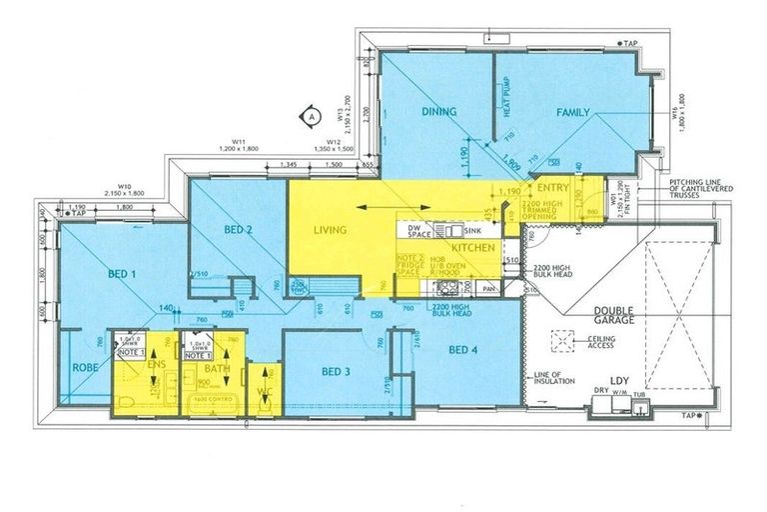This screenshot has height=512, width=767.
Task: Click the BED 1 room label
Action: (121, 271)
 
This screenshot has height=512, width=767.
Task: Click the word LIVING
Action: (329, 230)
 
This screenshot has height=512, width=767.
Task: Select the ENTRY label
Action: (552, 187)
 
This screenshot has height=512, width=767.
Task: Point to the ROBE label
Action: (83, 367)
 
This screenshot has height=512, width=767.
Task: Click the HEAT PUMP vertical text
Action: (506, 96)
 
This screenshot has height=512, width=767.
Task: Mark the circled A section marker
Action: (312, 116)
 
